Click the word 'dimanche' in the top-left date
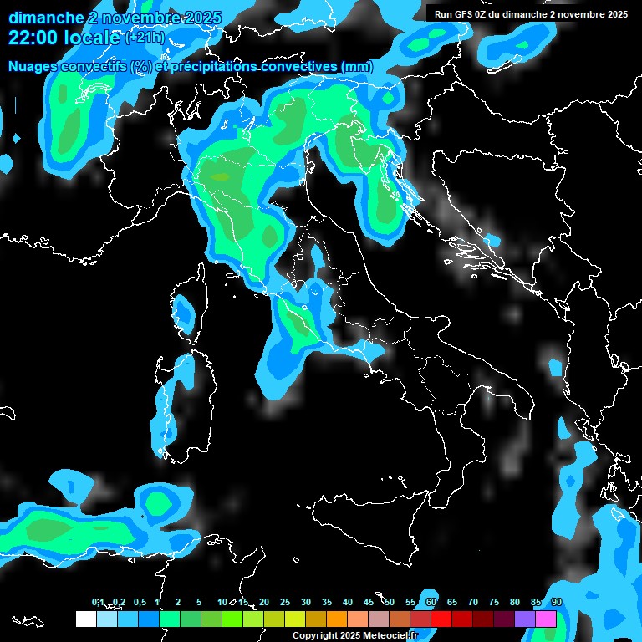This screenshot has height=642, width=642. pos(46,18)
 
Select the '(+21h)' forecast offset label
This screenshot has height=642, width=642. pos(145,38)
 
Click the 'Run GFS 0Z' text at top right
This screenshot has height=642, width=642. pos(463,13)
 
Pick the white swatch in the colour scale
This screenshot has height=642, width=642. pos(85,619)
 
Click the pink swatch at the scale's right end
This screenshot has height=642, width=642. pos(546,619)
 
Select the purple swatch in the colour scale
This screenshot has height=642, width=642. pos(525,619)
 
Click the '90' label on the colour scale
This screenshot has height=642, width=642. pos(556,602)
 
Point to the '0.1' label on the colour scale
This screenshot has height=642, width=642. pos(97,602)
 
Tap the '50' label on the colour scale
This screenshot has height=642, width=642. pos(390,602)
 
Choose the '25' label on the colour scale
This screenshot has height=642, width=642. pos(285,602)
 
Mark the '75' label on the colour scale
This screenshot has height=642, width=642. pos(494,602)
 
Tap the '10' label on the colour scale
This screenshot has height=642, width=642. pos(222,602)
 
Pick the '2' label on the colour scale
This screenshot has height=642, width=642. pos(178,602)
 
